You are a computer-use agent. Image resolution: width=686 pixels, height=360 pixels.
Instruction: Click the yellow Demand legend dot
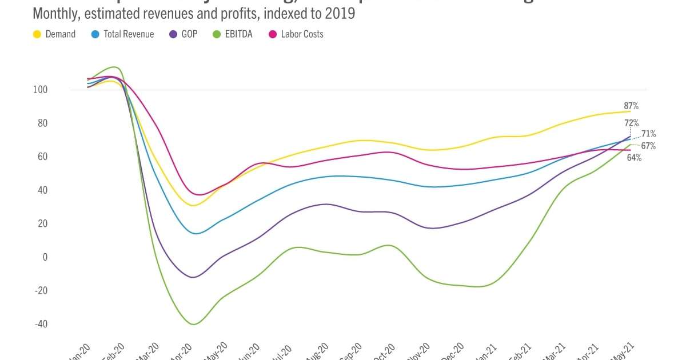(x=37, y=34)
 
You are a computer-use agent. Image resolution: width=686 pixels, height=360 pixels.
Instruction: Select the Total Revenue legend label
(x=129, y=34)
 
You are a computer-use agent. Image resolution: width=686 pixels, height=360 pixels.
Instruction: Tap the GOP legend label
(x=189, y=34)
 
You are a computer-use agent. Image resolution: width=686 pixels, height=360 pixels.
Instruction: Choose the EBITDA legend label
(x=242, y=34)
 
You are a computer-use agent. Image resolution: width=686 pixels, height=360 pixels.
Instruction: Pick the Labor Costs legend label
(x=302, y=34)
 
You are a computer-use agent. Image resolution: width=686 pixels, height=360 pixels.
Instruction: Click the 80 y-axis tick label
(x=41, y=123)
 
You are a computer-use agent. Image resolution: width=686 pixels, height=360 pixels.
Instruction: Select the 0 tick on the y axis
(x=44, y=257)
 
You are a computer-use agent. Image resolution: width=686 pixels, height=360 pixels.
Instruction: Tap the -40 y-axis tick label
(x=40, y=324)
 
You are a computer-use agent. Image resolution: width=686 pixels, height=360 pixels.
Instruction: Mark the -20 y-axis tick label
(x=40, y=291)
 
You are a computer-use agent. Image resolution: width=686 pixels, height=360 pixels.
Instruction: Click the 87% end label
(x=631, y=106)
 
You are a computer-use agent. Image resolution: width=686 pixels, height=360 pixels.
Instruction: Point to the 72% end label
(x=631, y=123)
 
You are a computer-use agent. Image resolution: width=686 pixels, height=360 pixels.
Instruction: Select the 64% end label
(x=634, y=158)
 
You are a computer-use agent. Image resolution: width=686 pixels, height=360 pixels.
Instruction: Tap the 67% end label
(x=648, y=146)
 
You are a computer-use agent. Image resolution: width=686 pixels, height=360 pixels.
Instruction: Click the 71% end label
(x=648, y=134)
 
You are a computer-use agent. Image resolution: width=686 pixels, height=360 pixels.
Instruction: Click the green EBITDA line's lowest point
(x=193, y=325)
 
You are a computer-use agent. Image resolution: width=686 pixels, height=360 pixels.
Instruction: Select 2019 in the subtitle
(x=341, y=13)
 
